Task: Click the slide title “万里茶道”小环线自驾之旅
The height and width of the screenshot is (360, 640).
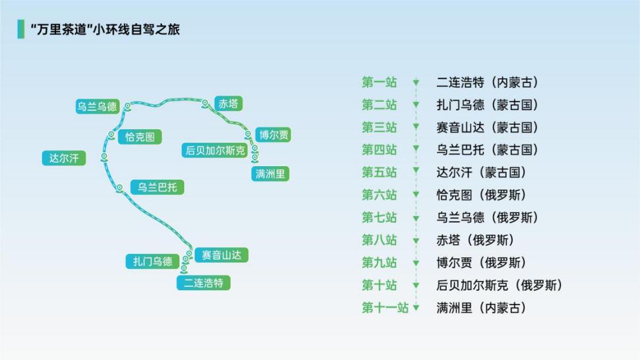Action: [x=105, y=30]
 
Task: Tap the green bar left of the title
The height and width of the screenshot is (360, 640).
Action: [x=21, y=29]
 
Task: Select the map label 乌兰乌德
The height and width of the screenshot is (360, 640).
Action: [x=98, y=107]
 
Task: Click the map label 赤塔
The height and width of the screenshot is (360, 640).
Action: [x=229, y=104]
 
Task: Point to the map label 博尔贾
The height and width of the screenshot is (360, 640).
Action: [x=274, y=135]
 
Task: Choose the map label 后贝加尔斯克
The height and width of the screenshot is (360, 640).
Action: [x=215, y=150]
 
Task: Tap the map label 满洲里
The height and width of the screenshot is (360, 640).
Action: [x=270, y=174]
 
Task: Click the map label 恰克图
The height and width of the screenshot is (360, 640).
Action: [x=140, y=136]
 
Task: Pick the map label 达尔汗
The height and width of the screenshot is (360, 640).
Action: [x=64, y=158]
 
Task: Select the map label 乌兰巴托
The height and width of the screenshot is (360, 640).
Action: [x=157, y=187]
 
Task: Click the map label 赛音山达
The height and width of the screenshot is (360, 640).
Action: [x=221, y=255]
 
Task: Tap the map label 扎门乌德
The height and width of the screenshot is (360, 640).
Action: [x=153, y=261]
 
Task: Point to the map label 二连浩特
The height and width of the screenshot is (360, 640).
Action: [x=204, y=283]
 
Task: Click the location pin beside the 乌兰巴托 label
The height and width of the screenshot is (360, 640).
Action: [x=119, y=188]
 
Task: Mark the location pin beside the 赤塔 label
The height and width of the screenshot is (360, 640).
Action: [x=205, y=104]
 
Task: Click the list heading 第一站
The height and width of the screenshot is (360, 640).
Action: [x=379, y=82]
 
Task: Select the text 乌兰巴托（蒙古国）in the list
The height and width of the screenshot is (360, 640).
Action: [x=487, y=150]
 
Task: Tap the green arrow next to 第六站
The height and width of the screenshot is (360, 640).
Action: [x=416, y=195]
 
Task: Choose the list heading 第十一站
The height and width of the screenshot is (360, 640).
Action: [x=386, y=307]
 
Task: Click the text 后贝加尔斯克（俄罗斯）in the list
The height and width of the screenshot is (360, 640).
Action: [x=499, y=285]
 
